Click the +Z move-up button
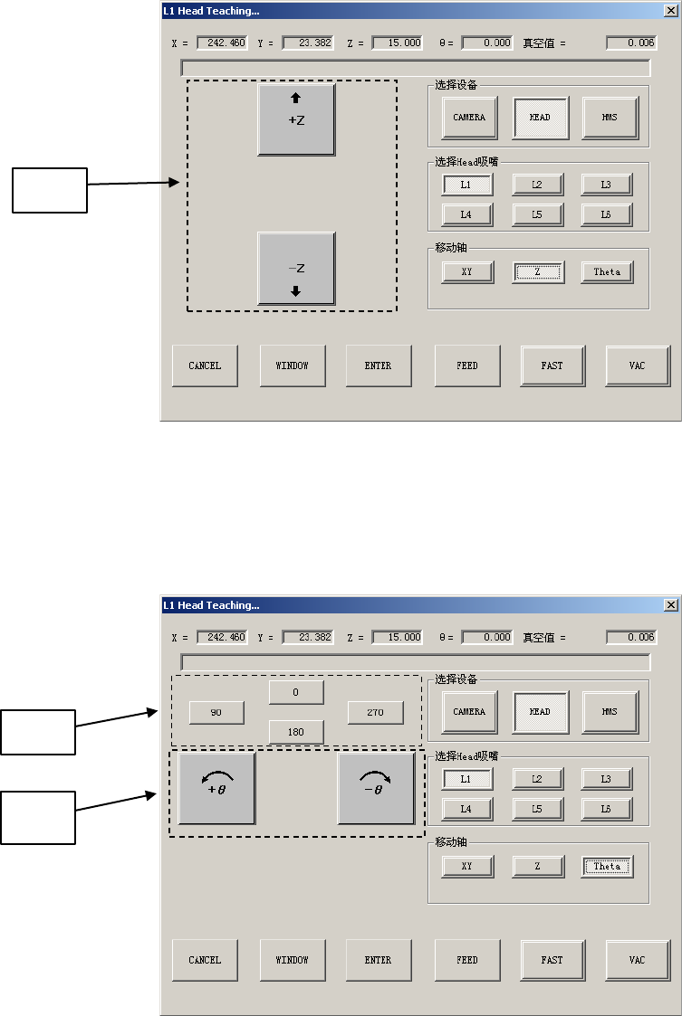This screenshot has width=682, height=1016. pos(296,119)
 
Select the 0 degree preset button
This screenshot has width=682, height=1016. pos(296,692)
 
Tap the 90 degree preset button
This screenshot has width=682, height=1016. pos(216,713)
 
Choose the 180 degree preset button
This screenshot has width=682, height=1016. pos(296,731)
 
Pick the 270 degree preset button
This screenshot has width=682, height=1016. pos(375,713)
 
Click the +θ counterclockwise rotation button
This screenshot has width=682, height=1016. pos(216,788)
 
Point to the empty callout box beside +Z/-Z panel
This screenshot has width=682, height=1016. pos(50,190)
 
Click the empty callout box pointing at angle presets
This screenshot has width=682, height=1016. pos(38,732)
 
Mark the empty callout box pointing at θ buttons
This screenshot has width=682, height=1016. pos(38,817)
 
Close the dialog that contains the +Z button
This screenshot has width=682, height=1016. pos(671,11)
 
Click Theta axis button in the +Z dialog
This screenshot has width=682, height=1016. pos(607,271)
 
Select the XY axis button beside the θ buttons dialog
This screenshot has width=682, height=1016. pos(467,866)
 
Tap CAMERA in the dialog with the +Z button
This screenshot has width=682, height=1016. pos(469,118)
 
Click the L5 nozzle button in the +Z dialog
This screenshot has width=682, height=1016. pos(537,215)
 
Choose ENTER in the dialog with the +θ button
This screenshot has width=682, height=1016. pos(378,960)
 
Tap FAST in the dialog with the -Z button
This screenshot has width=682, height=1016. pos(552,366)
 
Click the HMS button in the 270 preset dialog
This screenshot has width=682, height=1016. pos(610,712)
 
